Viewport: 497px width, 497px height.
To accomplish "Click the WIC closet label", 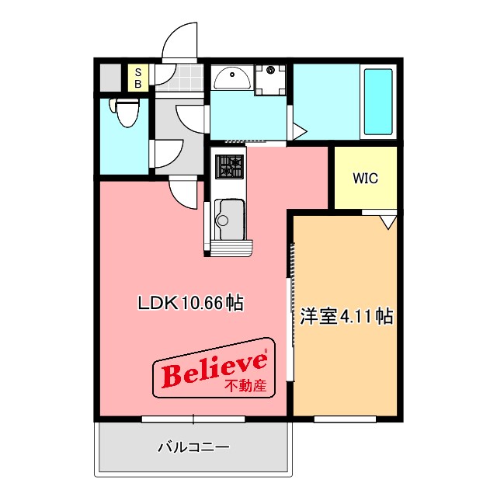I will coord(365,178).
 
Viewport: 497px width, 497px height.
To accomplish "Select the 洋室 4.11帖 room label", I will coord(346,316).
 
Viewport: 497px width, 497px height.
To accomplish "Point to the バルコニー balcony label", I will coord(193,447).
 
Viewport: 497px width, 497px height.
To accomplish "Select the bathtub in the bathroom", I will coord(378,103).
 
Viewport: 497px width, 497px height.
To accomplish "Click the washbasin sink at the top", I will coord(231,78).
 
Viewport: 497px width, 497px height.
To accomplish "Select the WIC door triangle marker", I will coord(388,221).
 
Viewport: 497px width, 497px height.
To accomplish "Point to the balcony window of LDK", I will coord(193,419).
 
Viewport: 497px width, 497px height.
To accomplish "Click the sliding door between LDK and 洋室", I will coord(292,311).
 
